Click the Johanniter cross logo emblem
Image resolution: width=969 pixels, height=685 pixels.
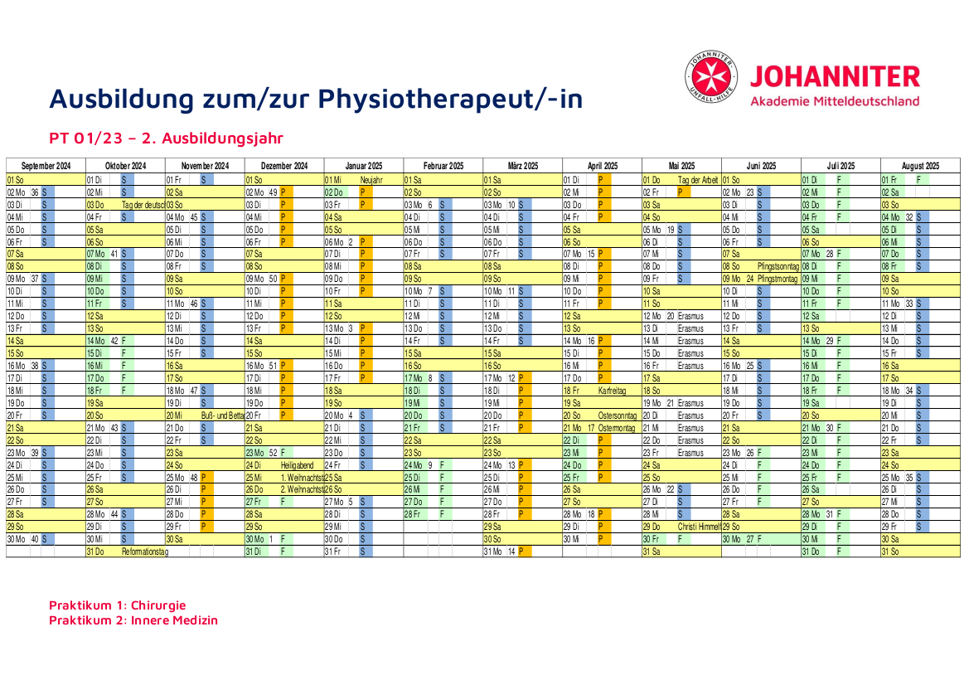711,77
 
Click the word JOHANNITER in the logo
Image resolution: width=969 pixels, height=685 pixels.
835,77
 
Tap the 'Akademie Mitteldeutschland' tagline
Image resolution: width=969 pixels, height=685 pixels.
835,101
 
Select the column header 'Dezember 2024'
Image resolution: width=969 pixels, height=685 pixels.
283,166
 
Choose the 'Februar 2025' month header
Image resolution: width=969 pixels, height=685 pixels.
443,166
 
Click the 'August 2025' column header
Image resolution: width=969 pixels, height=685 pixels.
920,166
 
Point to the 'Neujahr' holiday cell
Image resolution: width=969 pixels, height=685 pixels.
371,179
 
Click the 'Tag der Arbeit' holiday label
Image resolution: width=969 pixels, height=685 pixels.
699,179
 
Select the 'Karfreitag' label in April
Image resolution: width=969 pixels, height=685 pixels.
613,390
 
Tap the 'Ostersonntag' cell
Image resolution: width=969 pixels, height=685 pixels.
615,415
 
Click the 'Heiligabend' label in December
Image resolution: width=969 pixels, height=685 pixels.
298,465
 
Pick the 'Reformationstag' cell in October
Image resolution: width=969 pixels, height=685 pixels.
144,551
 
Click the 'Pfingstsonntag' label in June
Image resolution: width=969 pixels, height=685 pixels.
777,266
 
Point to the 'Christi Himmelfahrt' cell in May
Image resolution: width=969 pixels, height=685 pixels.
699,527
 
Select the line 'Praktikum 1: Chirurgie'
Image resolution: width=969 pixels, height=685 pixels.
117,605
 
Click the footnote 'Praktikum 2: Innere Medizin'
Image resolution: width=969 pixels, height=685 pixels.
133,620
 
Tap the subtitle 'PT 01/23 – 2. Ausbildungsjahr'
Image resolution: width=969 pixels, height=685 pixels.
166,138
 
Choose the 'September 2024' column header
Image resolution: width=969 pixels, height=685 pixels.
45,166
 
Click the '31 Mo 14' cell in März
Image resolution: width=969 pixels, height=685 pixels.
501,551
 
